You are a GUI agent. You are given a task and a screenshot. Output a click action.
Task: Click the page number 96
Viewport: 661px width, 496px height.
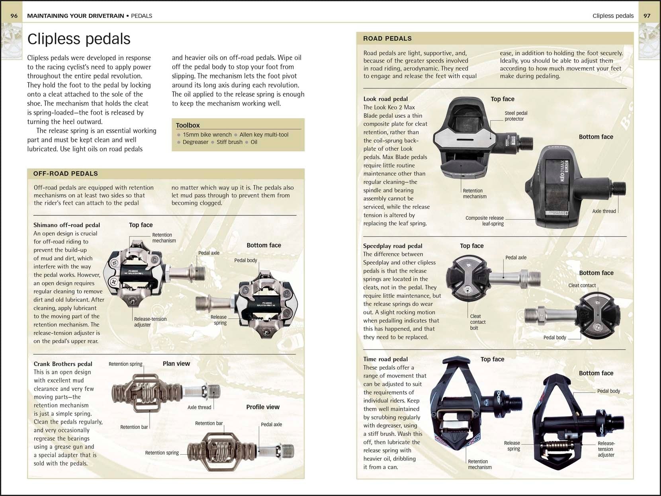14,16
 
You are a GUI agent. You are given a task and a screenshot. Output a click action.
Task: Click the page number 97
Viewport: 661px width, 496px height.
647,16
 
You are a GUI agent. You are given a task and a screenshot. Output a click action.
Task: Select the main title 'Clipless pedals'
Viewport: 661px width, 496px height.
79,39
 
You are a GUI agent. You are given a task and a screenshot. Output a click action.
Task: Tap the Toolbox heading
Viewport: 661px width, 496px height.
188,125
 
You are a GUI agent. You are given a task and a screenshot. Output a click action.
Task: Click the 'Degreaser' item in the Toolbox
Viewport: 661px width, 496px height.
196,142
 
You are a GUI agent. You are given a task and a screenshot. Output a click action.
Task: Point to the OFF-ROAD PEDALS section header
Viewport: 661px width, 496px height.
65,174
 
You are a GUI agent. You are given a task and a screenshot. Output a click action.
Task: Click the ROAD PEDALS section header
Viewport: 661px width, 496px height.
387,39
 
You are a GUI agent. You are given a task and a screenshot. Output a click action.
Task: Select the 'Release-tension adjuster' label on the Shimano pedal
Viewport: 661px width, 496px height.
150,322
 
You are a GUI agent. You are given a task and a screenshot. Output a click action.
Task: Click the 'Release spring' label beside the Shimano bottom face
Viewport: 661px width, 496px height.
219,320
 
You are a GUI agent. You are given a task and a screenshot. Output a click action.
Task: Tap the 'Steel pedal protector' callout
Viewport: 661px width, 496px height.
516,116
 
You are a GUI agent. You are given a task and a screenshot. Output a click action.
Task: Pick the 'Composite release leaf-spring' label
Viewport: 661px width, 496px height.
485,221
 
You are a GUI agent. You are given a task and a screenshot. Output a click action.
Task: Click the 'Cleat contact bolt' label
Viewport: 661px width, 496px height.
477,322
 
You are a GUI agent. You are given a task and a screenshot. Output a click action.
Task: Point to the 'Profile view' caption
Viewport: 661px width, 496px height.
262,407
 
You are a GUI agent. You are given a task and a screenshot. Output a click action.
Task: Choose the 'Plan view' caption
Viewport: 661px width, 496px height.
176,363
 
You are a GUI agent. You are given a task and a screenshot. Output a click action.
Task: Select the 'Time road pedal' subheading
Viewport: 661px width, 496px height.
385,359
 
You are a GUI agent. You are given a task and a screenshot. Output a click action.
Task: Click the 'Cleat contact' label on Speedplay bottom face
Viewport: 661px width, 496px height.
582,285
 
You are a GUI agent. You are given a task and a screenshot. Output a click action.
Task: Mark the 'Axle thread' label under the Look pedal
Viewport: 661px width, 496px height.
603,211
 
